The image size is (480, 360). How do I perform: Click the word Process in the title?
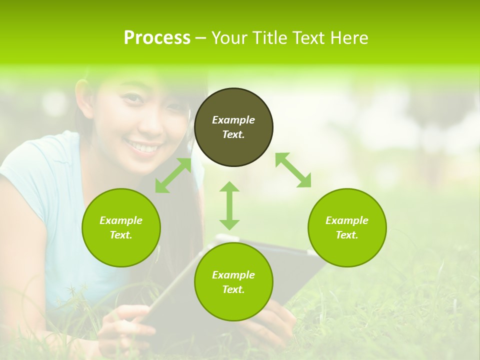tap(157, 38)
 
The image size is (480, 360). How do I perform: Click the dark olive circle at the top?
tap(233, 127)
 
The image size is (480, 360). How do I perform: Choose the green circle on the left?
tap(121, 227)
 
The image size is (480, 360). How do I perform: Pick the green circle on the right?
tap(347, 227)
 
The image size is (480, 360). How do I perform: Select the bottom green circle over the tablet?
tap(233, 282)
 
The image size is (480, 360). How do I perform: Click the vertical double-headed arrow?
tap(229, 205)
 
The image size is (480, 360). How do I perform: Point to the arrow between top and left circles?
tap(173, 175)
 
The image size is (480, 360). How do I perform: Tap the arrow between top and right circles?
tap(293, 170)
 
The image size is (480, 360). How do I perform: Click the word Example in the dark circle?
tap(233, 120)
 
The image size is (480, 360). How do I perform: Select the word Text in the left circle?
tap(121, 235)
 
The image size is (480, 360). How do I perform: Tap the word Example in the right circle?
tap(347, 220)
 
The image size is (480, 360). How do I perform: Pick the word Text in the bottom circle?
tap(233, 289)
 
